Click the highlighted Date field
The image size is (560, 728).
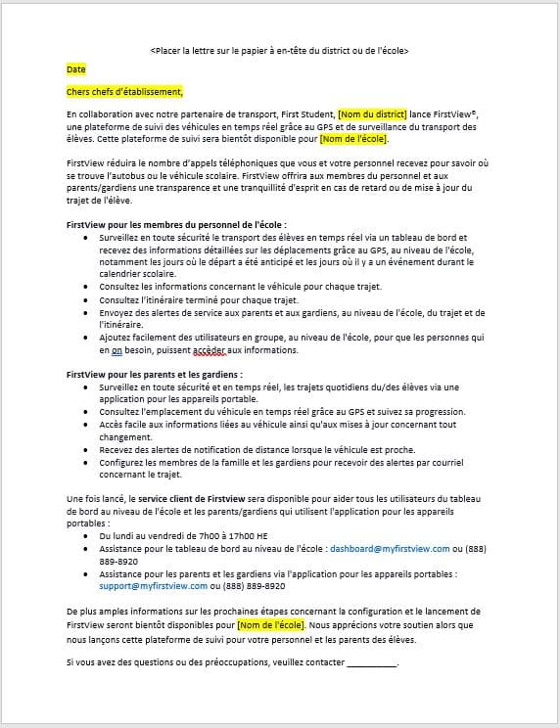pyautogui.click(x=76, y=70)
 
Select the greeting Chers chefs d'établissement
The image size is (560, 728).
pyautogui.click(x=124, y=92)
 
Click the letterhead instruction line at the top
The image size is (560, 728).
pyautogui.click(x=279, y=50)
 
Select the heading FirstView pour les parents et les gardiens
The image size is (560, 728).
pyautogui.click(x=154, y=375)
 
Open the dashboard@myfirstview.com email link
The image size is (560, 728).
pyautogui.click(x=390, y=549)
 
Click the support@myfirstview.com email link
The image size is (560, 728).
pyautogui.click(x=153, y=586)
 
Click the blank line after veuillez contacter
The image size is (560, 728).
pyautogui.click(x=372, y=662)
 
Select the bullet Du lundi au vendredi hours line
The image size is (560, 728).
pyautogui.click(x=184, y=536)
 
